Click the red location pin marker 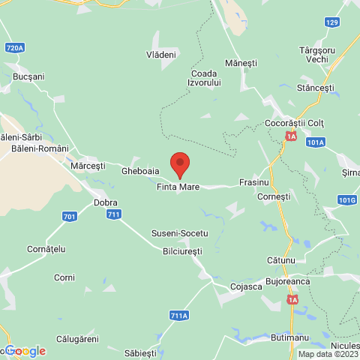pos(179,164)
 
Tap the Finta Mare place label pos(178,187)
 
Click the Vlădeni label pos(161,55)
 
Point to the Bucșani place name pos(29,76)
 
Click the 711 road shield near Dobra pos(114,214)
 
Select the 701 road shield pos(69,217)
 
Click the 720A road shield pos(15,48)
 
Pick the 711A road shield pos(179,316)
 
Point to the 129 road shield pos(332,22)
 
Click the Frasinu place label pos(253,182)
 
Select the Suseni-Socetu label pos(180,233)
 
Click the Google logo pos(25,351)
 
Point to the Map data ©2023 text pos(328,354)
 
